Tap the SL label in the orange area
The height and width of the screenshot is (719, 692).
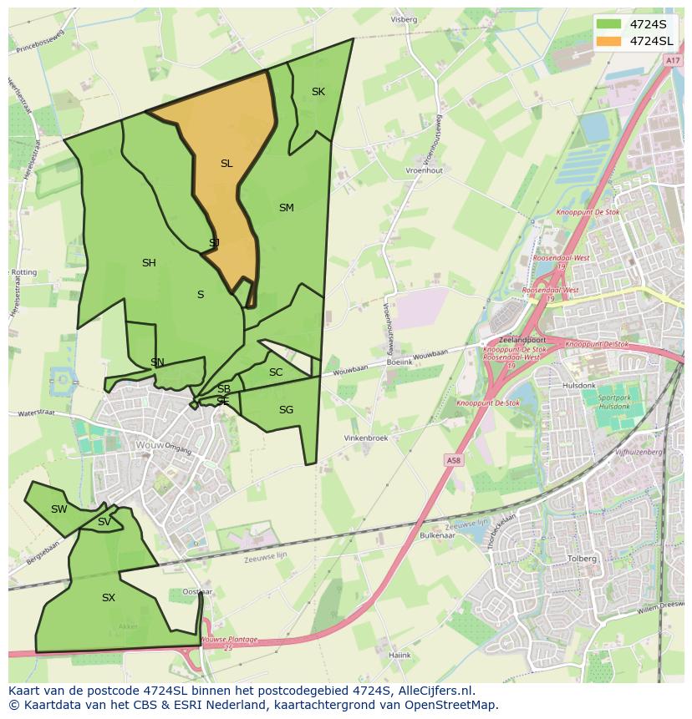pos(226,164)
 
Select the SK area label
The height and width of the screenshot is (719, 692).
pos(318,92)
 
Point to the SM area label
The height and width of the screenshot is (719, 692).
pos(287,208)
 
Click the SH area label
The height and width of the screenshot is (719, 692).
pos(149,263)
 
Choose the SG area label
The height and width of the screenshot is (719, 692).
pos(286,410)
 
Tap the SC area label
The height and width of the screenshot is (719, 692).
pos(276,372)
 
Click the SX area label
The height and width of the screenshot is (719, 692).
pos(109,598)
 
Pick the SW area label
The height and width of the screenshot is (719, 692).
pos(59,509)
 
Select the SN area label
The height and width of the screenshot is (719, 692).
pos(157,362)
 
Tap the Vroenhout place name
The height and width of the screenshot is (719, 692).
pos(424,170)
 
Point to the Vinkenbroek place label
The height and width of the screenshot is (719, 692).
pos(366,438)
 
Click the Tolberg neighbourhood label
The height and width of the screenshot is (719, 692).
pos(582,559)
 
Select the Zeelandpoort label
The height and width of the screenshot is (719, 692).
pos(522,341)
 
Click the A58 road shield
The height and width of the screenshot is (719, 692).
pos(453,460)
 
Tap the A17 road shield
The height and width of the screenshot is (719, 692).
pos(673,61)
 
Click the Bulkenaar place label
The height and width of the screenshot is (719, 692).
pos(436,535)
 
